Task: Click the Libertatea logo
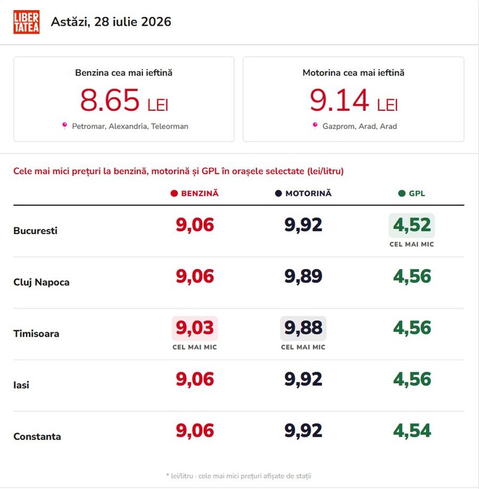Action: tap(26, 22)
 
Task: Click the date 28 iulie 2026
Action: tap(133, 22)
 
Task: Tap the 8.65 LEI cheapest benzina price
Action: tap(124, 101)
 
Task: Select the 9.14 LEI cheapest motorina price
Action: tap(354, 101)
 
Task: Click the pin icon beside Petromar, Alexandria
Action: tap(65, 126)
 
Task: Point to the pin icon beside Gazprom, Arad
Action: tap(315, 126)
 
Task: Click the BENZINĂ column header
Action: tap(195, 194)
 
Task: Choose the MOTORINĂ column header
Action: tap(303, 194)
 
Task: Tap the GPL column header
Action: tap(412, 194)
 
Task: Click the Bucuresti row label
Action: tap(35, 231)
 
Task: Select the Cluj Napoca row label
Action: tap(41, 282)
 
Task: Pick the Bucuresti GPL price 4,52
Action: tap(412, 225)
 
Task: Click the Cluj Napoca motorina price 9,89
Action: tap(303, 276)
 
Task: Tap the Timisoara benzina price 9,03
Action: tap(195, 328)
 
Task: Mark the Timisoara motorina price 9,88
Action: tap(303, 328)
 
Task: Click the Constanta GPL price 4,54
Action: tap(412, 431)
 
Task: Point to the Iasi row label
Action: tap(21, 385)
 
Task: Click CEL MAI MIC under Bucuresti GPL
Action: tap(412, 244)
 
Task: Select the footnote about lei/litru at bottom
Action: tap(239, 476)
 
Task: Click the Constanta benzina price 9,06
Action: tap(195, 431)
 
